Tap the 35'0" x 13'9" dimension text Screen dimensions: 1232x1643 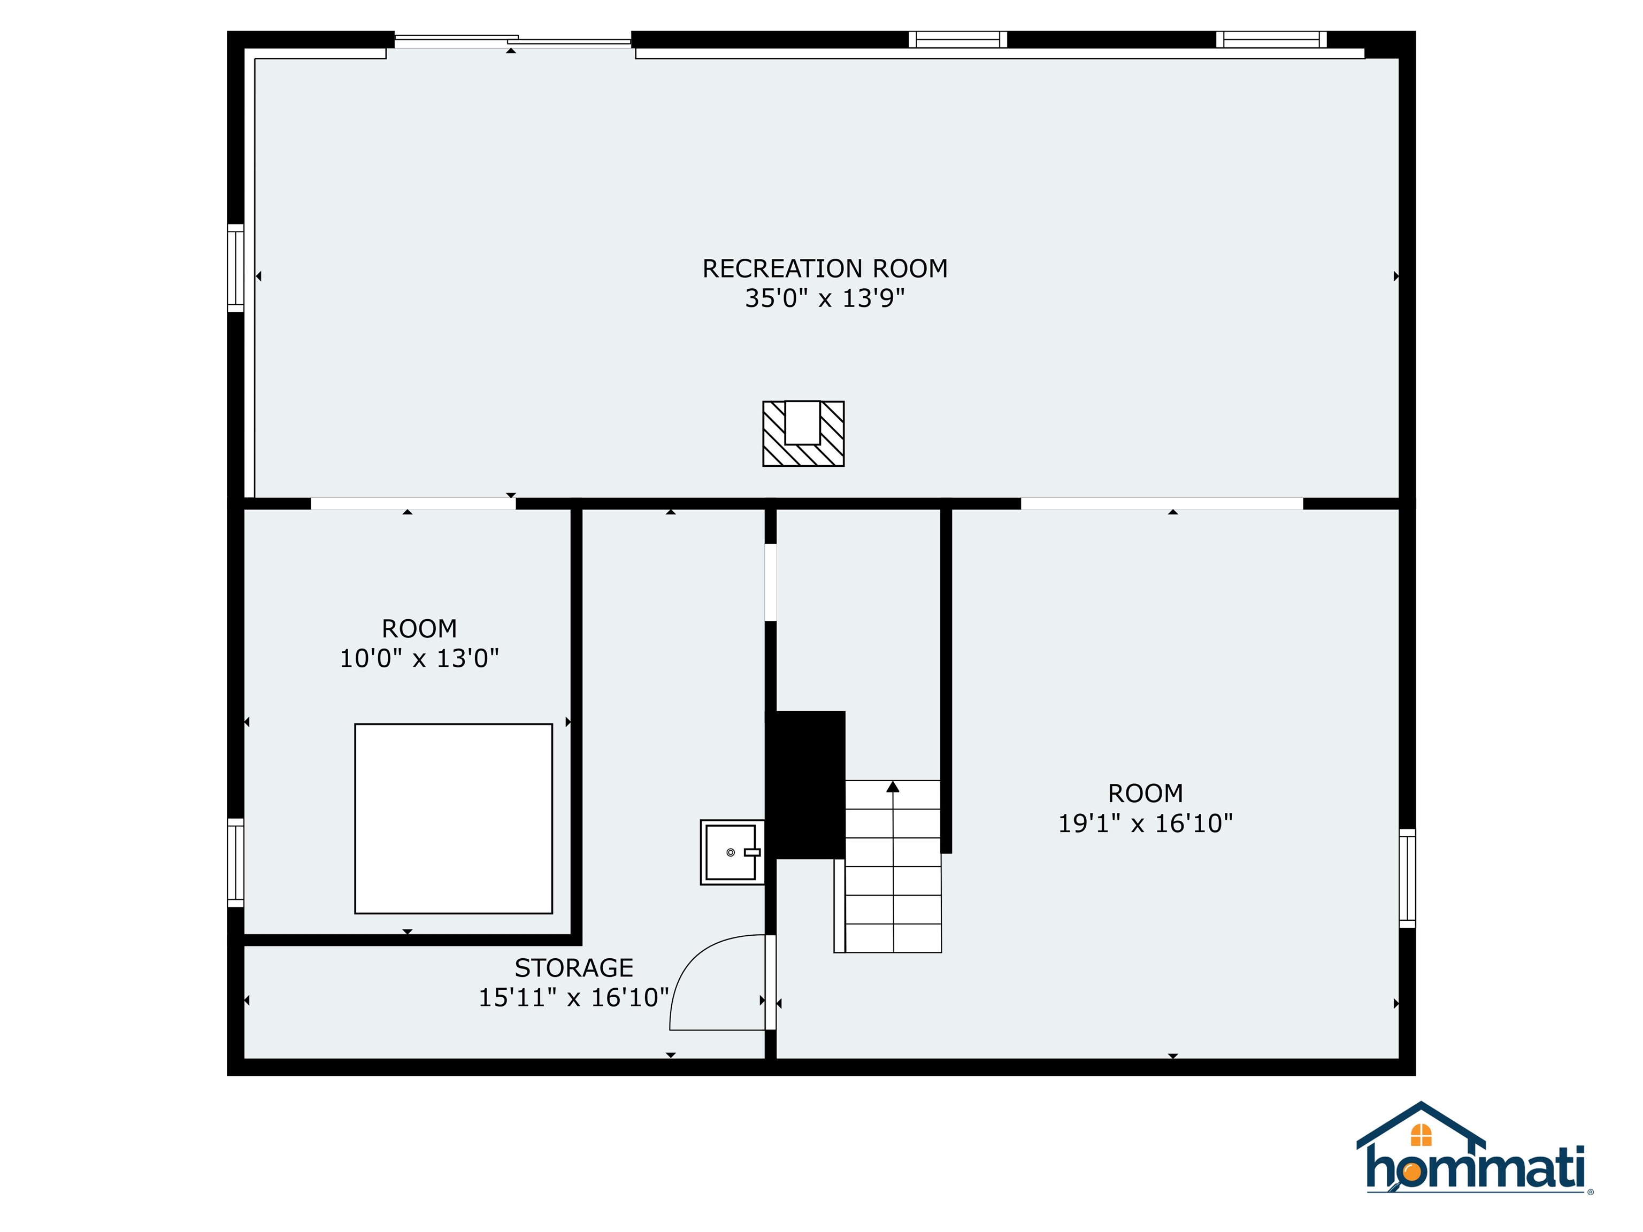tap(825, 298)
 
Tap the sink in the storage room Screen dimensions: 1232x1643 tap(732, 852)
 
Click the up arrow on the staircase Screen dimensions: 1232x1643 tap(893, 787)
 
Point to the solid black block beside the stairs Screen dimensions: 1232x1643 tap(806, 784)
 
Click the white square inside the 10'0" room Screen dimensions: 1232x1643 tap(453, 818)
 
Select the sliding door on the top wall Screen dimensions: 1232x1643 tap(512, 40)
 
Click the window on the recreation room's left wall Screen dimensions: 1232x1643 tap(235, 267)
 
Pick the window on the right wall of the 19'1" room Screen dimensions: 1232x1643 tap(1407, 878)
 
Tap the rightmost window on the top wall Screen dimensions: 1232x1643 tap(1271, 40)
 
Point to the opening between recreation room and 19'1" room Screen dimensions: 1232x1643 tap(1162, 504)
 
